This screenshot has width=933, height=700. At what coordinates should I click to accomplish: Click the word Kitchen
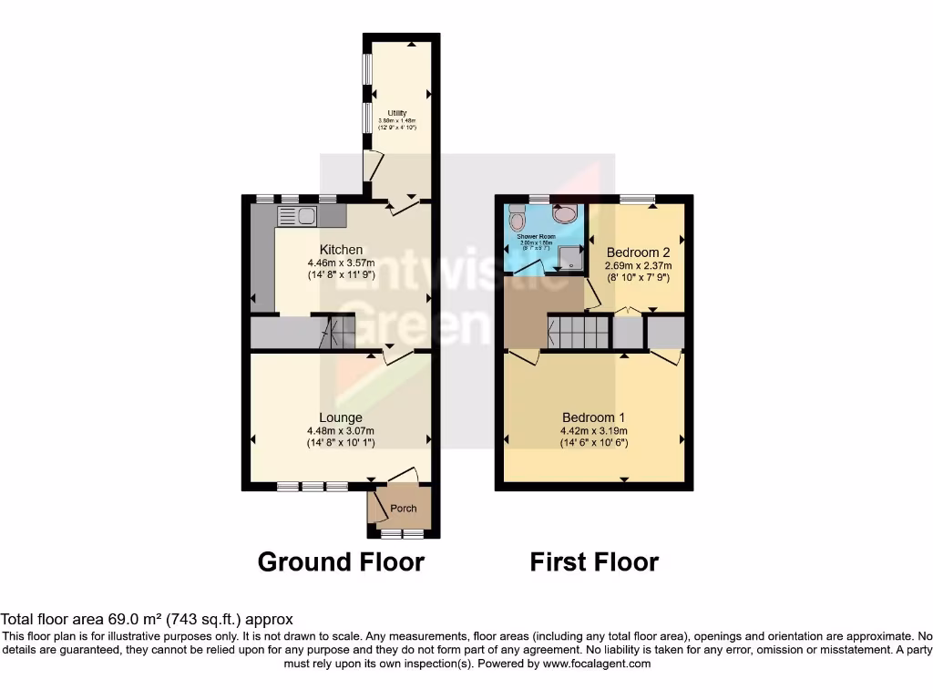click(341, 250)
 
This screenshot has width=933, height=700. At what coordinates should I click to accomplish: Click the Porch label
click(403, 509)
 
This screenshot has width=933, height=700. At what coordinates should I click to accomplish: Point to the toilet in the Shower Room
click(518, 220)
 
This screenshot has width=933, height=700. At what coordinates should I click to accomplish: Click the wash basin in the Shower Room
click(566, 212)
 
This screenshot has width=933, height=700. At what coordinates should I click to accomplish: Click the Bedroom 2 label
click(638, 252)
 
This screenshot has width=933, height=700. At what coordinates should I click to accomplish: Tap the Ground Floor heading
click(341, 561)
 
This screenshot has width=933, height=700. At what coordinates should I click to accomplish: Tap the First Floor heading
click(594, 561)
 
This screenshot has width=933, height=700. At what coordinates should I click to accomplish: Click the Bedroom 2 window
click(637, 199)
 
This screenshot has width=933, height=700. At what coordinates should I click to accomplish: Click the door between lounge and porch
click(401, 477)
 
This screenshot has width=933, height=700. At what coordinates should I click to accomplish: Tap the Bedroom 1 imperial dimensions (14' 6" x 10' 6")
click(593, 443)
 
